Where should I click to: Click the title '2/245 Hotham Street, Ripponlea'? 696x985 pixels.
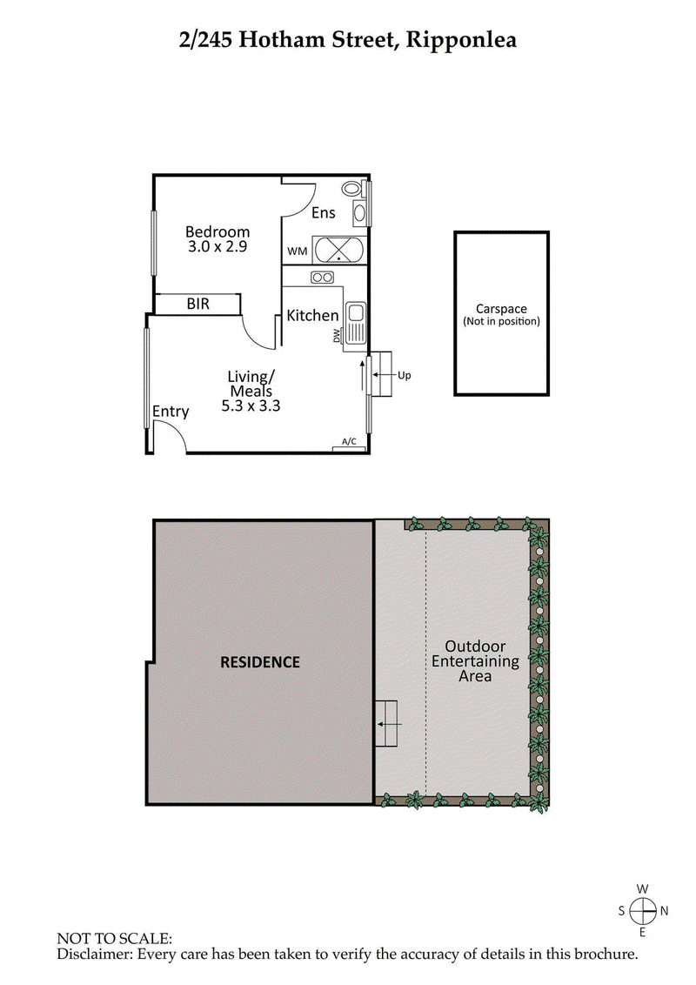[348, 39]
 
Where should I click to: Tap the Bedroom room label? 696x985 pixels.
[217, 231]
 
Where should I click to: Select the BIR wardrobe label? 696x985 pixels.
[197, 305]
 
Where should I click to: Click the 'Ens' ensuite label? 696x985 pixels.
[323, 212]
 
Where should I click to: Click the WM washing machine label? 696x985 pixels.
[297, 251]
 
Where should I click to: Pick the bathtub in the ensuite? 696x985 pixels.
[339, 251]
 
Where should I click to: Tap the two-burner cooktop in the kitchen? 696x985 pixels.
[322, 278]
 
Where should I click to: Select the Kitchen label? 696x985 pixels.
[312, 315]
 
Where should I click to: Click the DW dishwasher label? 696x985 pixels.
[338, 336]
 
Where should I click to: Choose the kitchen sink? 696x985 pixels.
[355, 324]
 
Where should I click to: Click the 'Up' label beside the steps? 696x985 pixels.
[404, 376]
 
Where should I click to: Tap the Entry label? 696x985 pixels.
[171, 412]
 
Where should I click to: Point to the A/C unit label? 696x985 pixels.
[350, 442]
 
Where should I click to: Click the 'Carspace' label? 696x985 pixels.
[501, 309]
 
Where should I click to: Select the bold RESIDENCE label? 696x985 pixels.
[260, 662]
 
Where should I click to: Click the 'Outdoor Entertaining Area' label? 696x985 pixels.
[476, 661]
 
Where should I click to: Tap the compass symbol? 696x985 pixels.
[643, 910]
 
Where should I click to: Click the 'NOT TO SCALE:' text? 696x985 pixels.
[115, 939]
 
